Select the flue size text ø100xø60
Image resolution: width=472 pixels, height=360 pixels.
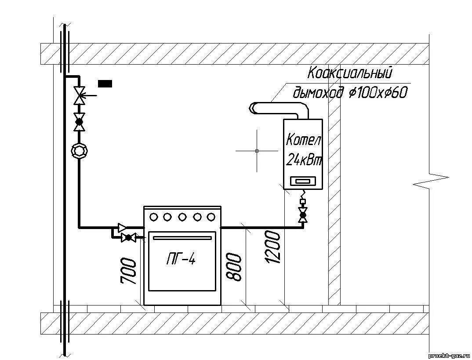[x=378, y=93]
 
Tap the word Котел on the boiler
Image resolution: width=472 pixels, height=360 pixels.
[x=304, y=141]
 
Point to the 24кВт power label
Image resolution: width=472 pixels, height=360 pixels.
[x=304, y=160]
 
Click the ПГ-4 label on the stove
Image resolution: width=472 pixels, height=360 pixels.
[x=181, y=259]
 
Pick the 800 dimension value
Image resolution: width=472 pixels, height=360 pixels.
[x=234, y=266]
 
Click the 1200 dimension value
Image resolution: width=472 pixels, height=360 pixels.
[x=272, y=247]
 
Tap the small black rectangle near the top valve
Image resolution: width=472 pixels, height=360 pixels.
[x=105, y=83]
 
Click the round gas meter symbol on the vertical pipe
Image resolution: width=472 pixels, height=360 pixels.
[x=80, y=151]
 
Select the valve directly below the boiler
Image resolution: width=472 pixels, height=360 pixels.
[x=302, y=215]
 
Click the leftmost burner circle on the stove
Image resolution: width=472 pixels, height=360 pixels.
[x=154, y=217]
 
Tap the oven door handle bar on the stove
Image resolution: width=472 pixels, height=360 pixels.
[x=182, y=238]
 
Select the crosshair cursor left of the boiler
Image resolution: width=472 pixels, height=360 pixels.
[x=257, y=151]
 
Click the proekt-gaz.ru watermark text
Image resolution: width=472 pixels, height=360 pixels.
[x=449, y=354]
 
